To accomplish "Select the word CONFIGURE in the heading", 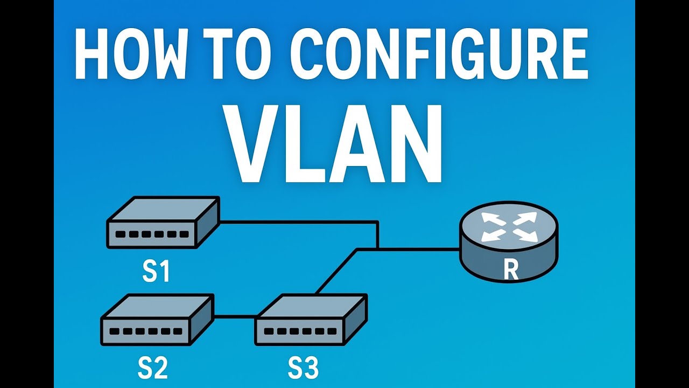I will [439, 56].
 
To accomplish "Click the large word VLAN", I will [335, 144].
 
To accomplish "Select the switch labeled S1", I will [163, 223].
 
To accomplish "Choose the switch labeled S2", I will [157, 319].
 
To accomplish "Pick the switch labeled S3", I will [311, 319].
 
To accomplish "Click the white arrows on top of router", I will [509, 226].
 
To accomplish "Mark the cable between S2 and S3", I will [235, 316].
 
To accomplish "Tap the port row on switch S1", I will [152, 234].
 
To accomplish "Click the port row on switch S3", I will [299, 331].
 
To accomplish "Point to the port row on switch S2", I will [145, 331].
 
